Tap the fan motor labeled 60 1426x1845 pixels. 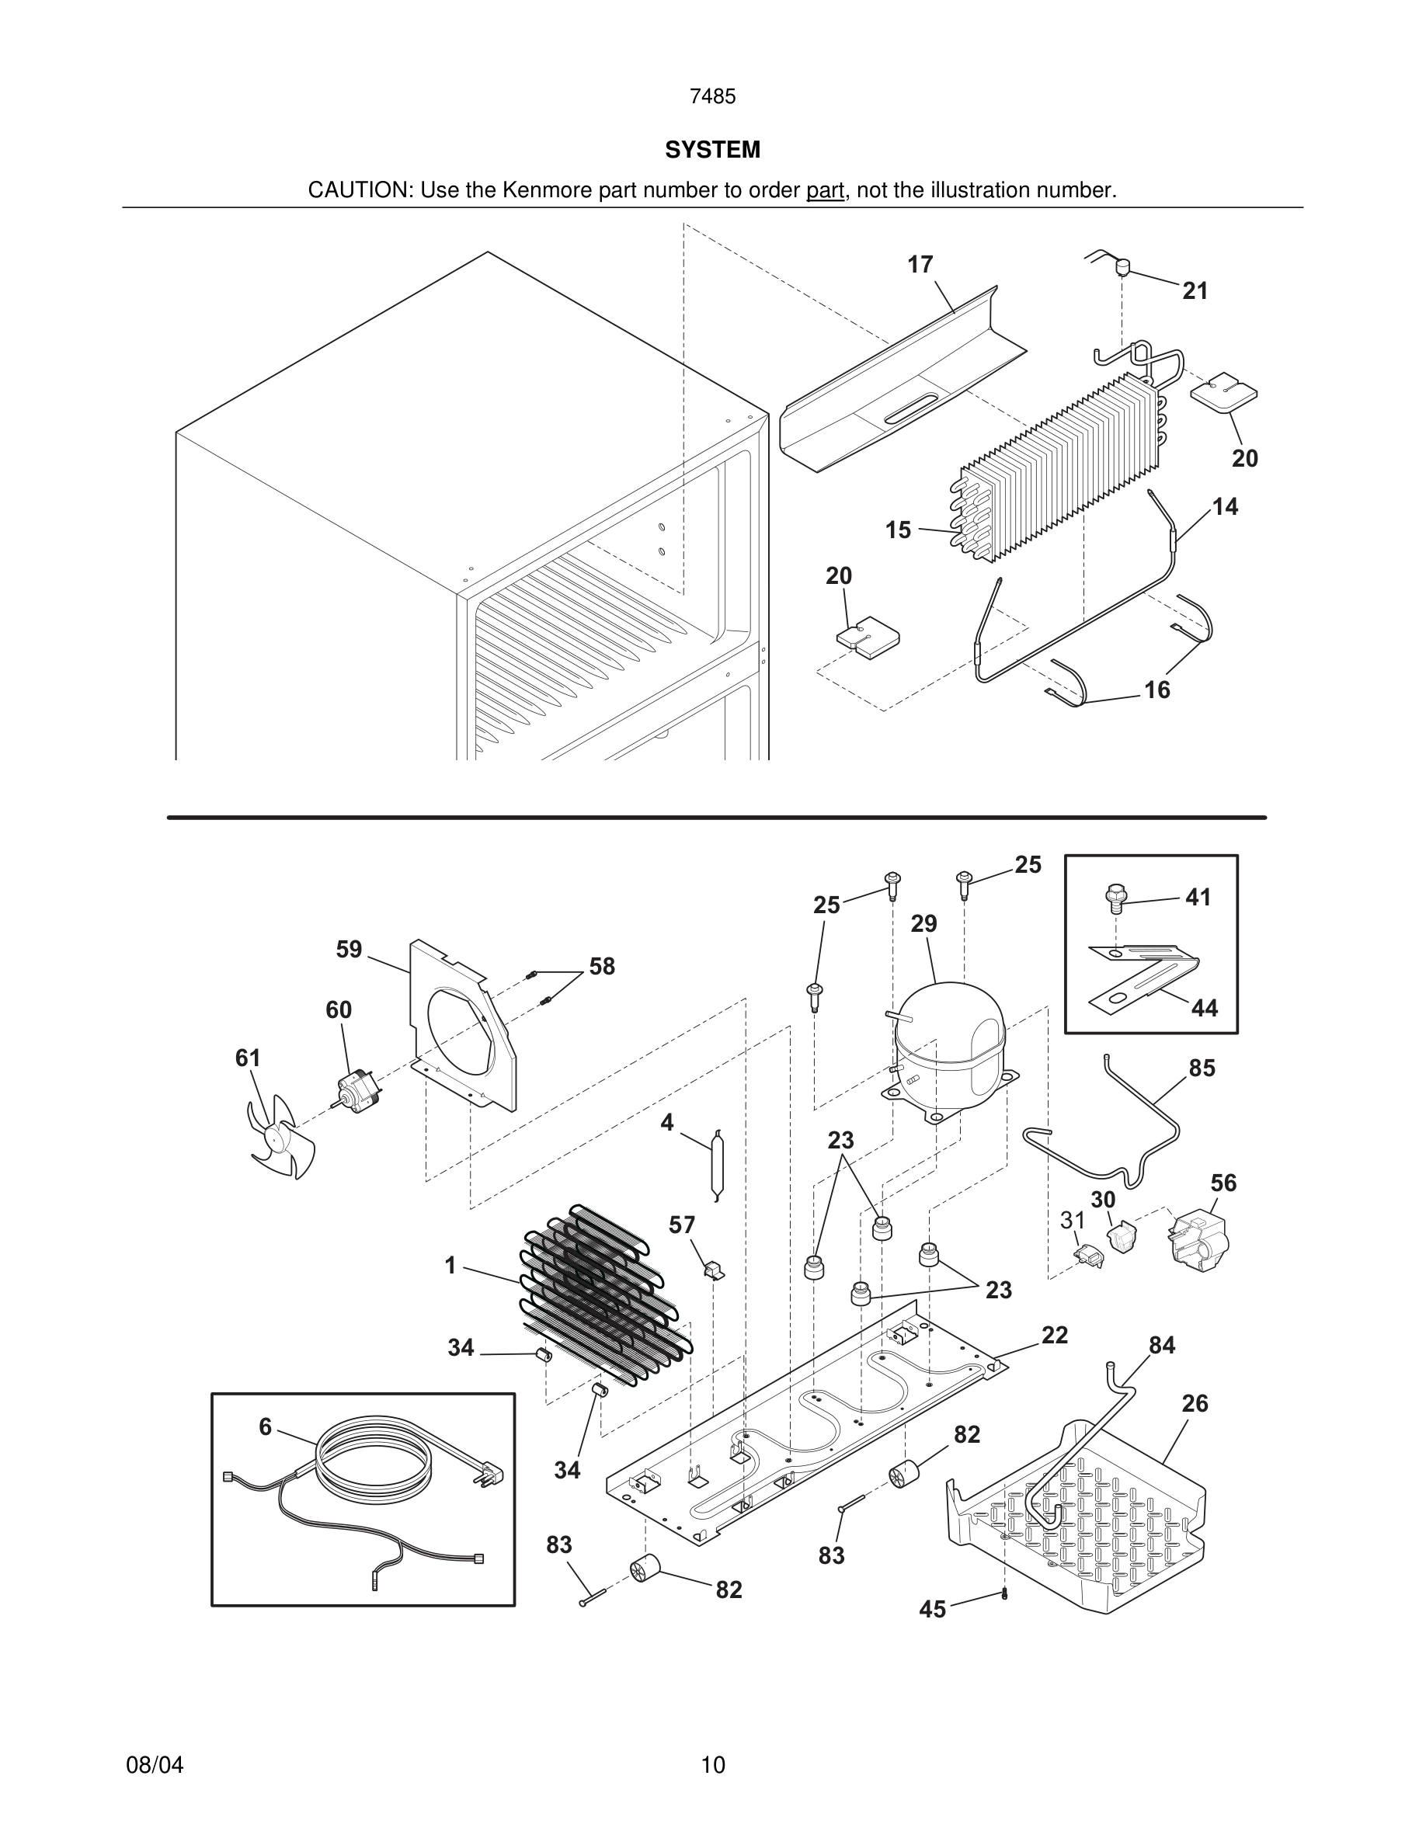tap(354, 1090)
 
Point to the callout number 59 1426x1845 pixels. tap(349, 950)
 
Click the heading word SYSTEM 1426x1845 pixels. tap(712, 150)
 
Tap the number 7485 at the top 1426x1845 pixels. tap(712, 97)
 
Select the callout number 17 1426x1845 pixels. tap(920, 266)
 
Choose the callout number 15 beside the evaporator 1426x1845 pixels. tap(898, 530)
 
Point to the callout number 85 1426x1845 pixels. tap(1202, 1068)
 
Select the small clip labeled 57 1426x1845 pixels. tap(714, 1270)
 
